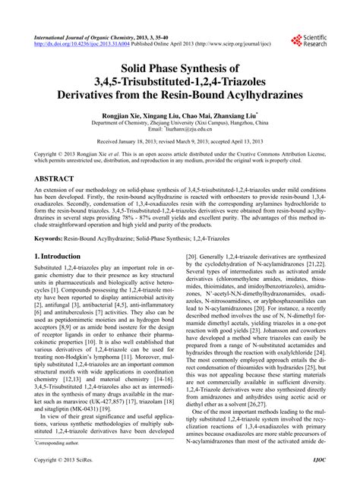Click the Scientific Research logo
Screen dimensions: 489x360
click(308, 42)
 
